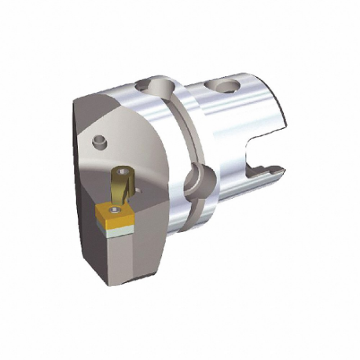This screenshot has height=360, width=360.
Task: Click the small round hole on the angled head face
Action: pyautogui.click(x=98, y=141)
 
